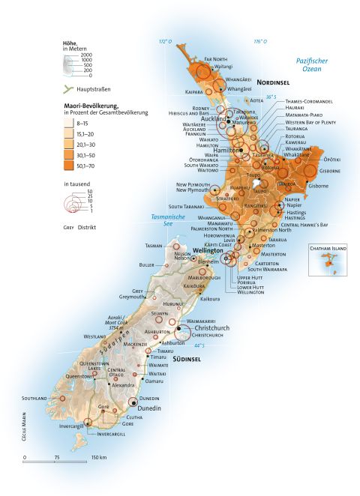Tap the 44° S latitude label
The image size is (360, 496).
198,345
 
